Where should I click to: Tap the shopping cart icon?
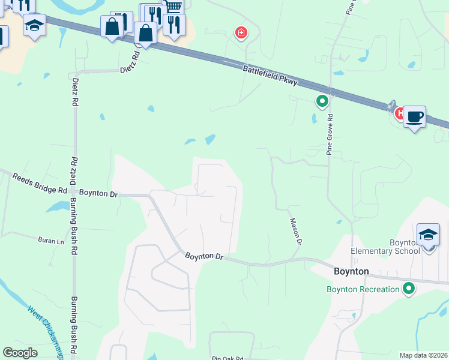[x=173, y=7]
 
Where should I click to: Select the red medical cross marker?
[x=241, y=32]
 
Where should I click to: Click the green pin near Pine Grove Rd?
[x=322, y=101]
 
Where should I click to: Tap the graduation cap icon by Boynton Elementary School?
[x=428, y=235]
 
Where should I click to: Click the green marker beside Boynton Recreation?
[x=409, y=289]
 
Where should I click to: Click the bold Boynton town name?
[x=351, y=271]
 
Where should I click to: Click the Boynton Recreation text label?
[x=363, y=289]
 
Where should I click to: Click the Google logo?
[x=20, y=353]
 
